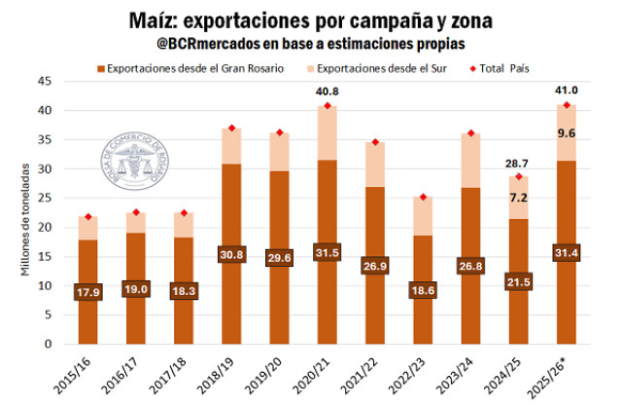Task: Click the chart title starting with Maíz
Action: tap(311, 18)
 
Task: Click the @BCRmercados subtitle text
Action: tap(311, 44)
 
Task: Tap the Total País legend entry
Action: tap(523, 68)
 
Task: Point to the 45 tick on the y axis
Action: tap(47, 81)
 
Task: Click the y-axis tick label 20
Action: tap(47, 227)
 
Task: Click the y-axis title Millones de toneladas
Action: tap(25, 212)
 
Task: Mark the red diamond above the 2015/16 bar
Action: tap(88, 216)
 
